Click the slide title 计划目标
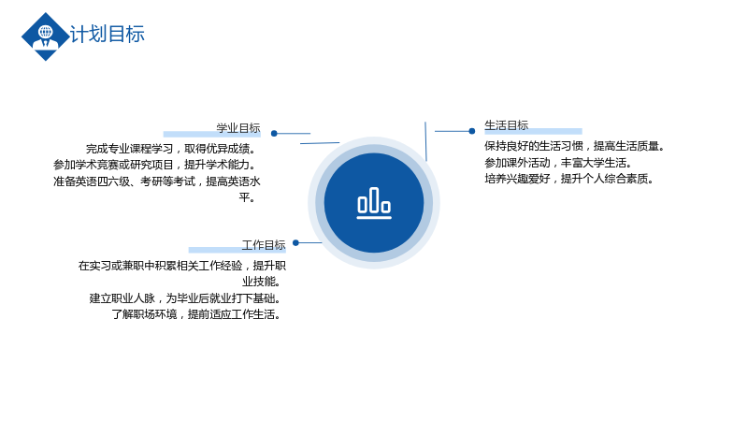(107, 35)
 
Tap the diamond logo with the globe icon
(45, 36)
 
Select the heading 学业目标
(238, 128)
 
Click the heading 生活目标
(506, 125)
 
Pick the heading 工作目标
(264, 245)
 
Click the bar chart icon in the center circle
(374, 203)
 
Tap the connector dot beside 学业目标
(274, 134)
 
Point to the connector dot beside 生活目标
(472, 131)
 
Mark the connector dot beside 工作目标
(295, 243)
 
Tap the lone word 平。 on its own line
(248, 197)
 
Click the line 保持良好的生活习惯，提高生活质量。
(575, 146)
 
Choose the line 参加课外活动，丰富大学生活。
(558, 163)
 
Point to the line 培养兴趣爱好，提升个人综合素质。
(569, 179)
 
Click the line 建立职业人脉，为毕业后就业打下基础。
(185, 298)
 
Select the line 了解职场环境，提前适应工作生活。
(196, 314)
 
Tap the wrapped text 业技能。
(262, 282)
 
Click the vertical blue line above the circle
(425, 141)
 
